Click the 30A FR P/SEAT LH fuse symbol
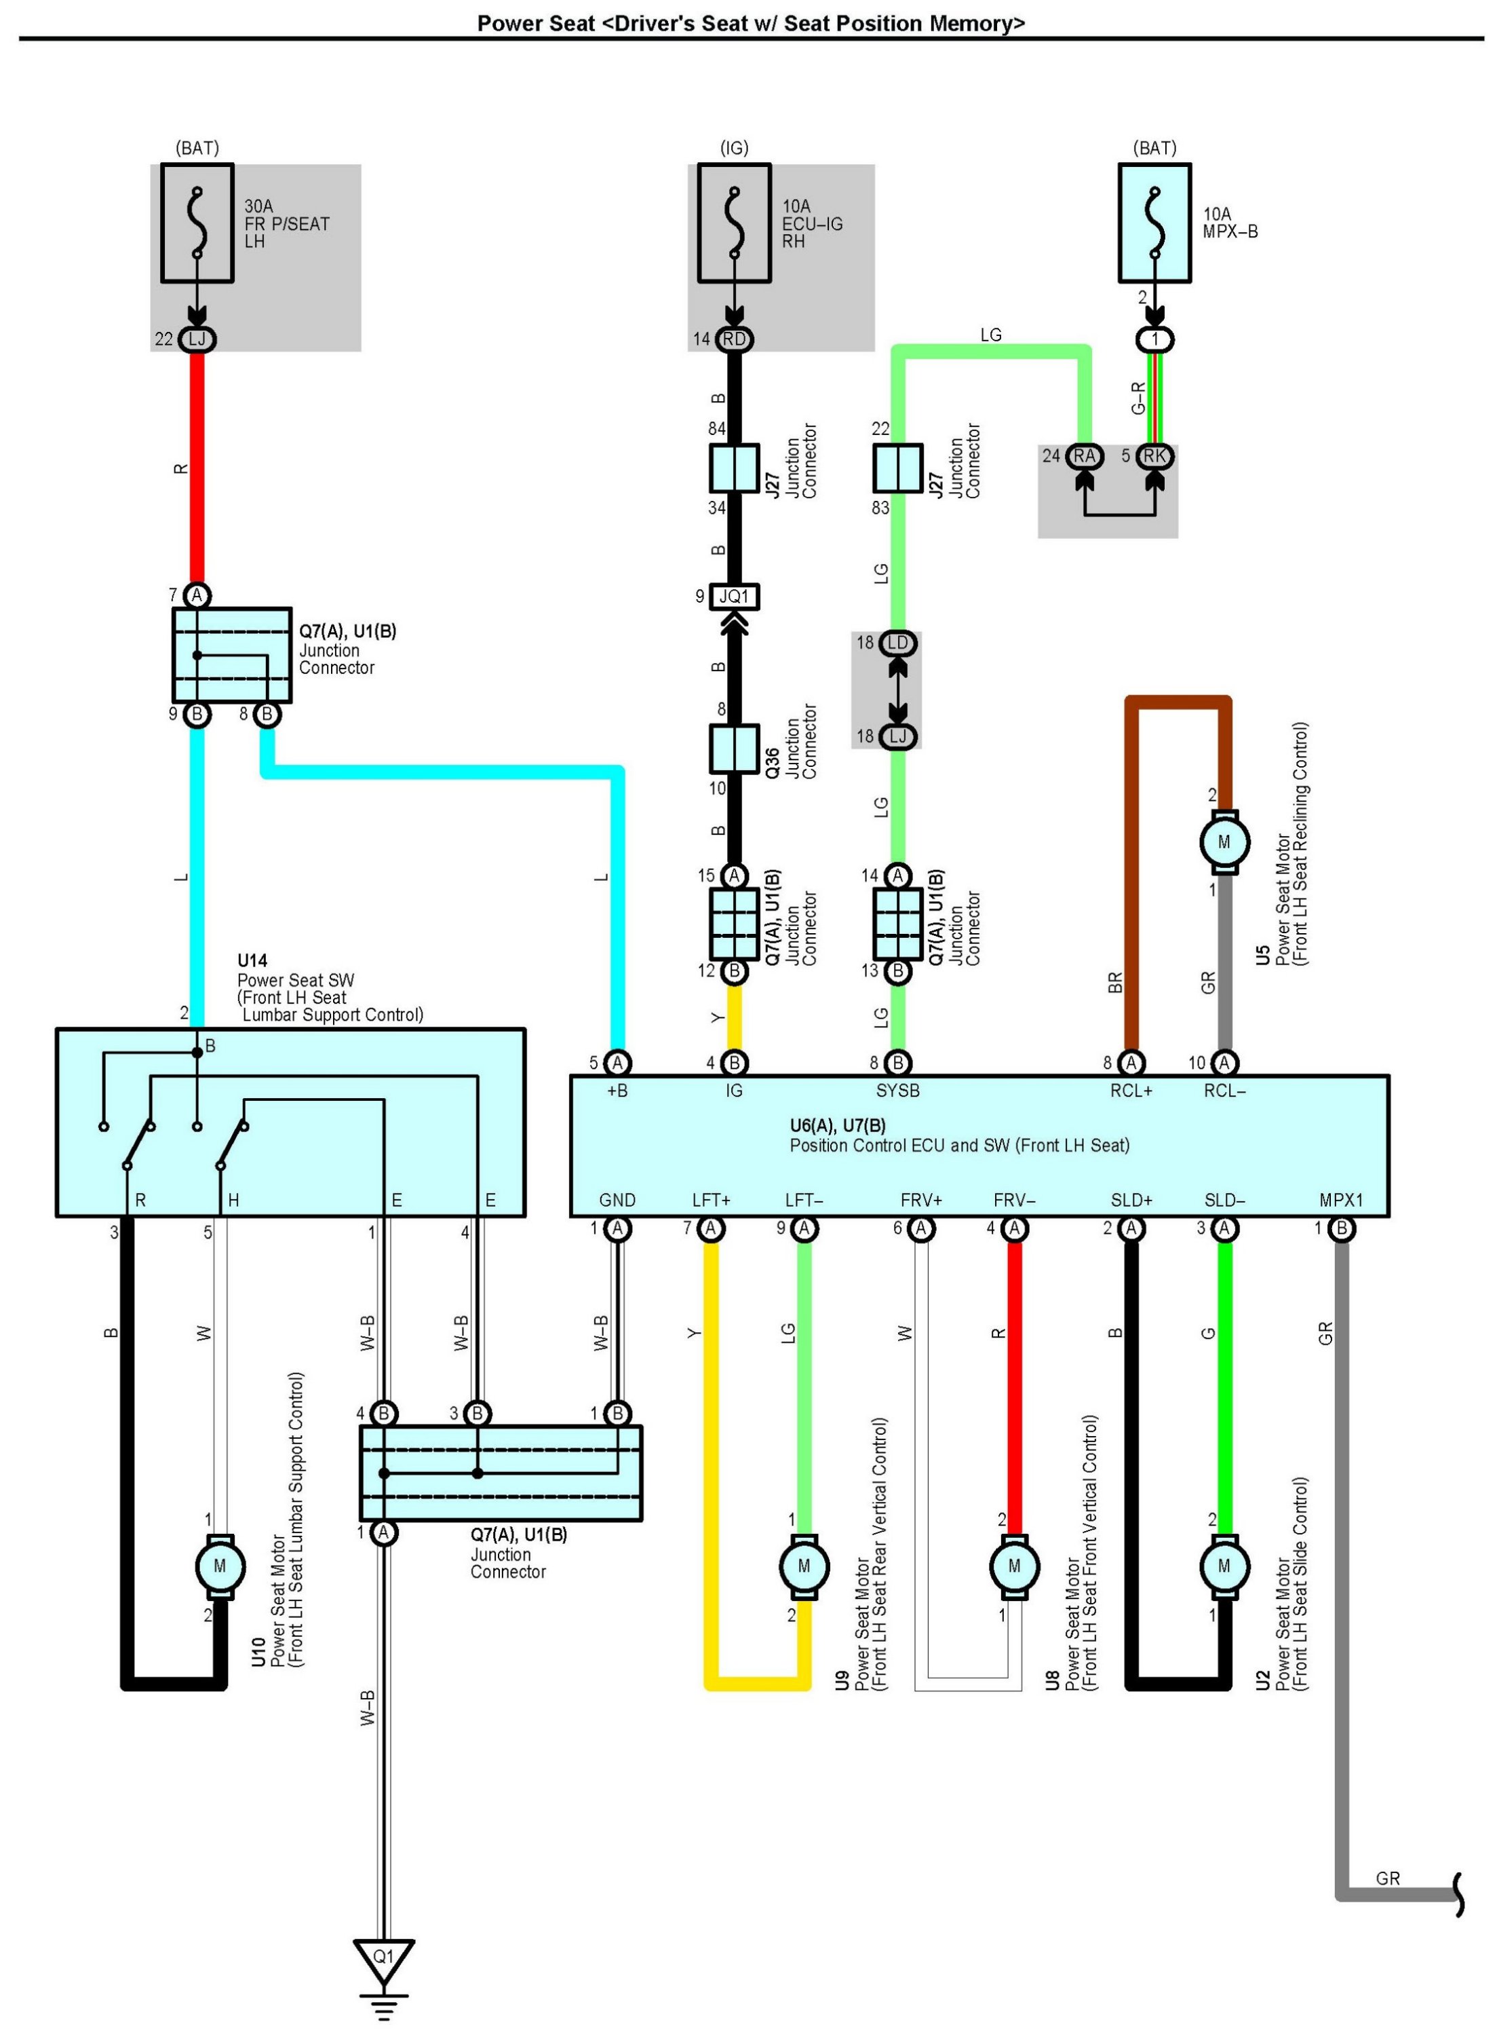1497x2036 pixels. [x=197, y=223]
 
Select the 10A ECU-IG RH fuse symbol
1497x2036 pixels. [x=734, y=223]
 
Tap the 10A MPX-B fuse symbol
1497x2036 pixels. [x=1154, y=223]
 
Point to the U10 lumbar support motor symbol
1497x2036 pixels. [x=219, y=1566]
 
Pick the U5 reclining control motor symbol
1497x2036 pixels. [x=1224, y=842]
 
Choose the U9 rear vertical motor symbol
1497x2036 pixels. [x=804, y=1566]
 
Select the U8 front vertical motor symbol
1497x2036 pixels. [x=1014, y=1566]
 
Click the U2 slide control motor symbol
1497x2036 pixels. [x=1224, y=1566]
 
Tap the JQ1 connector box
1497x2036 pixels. [x=734, y=597]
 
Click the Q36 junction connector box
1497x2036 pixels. [x=734, y=749]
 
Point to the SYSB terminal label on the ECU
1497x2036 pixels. [x=898, y=1091]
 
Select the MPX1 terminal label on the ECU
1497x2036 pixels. [x=1341, y=1200]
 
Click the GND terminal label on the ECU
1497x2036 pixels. [x=617, y=1200]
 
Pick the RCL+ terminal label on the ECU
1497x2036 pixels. [x=1131, y=1091]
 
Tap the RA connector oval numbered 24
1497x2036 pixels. [x=1084, y=456]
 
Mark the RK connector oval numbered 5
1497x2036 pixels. [x=1154, y=456]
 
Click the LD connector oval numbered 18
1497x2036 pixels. [x=898, y=643]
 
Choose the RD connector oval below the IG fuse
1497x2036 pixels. [x=734, y=339]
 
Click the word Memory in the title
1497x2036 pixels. [x=979, y=24]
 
